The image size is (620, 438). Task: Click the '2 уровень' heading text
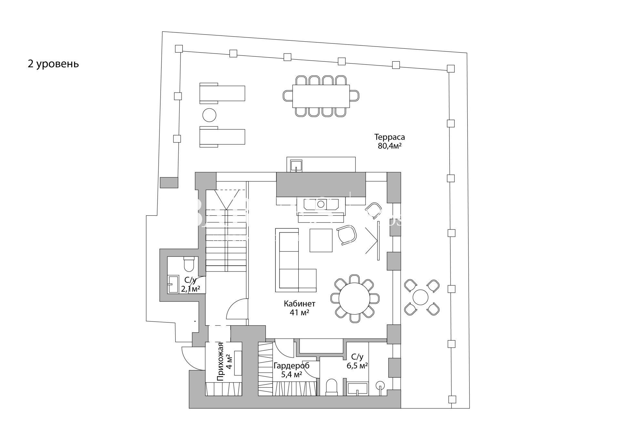click(53, 64)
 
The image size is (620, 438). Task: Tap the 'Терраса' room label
click(389, 137)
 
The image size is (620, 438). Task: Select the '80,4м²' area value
click(389, 146)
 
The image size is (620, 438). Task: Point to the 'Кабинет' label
click(299, 304)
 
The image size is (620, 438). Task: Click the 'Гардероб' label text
click(292, 366)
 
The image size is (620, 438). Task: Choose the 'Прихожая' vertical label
click(221, 362)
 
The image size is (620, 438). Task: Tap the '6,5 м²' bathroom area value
click(357, 366)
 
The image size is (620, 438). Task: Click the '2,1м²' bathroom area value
click(191, 289)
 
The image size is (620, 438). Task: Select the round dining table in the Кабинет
click(355, 298)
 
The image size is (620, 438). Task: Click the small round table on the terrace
click(421, 297)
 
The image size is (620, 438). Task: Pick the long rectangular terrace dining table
click(321, 96)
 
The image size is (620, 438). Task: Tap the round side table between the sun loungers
click(209, 115)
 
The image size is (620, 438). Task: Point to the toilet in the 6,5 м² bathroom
click(332, 387)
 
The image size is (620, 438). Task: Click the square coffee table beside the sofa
click(321, 240)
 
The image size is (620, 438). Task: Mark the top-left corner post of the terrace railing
click(179, 49)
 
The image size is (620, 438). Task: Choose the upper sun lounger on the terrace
click(222, 93)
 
